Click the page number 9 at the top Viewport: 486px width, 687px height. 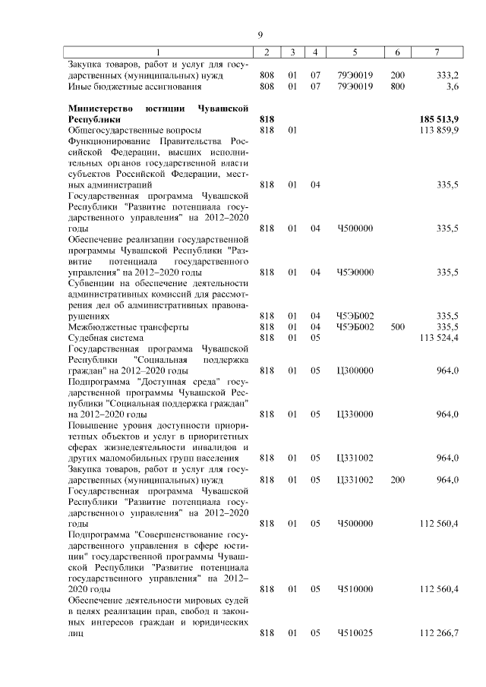tap(260, 35)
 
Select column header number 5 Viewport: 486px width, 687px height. tap(355, 52)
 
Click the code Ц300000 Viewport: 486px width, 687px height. tap(355, 370)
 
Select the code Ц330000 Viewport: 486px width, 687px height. tap(355, 414)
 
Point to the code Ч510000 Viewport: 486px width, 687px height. tap(355, 588)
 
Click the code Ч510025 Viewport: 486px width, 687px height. tap(355, 632)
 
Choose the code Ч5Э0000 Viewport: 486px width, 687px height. tap(355, 271)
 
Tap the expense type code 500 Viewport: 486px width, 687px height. tap(397, 326)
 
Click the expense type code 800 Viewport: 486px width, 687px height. tap(397, 87)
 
